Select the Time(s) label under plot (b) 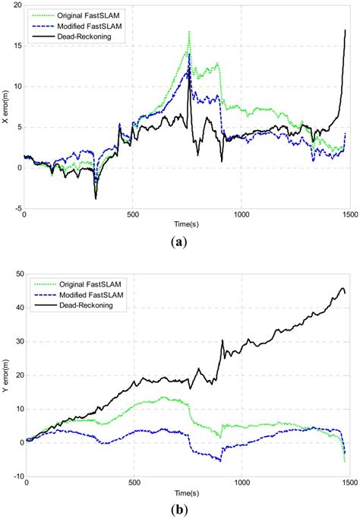(186, 494)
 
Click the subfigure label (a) (180, 242)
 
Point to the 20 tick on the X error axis (16, 5)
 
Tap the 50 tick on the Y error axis (16, 274)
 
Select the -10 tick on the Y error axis (14, 476)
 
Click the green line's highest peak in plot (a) (189, 32)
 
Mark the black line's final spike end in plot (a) (345, 30)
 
